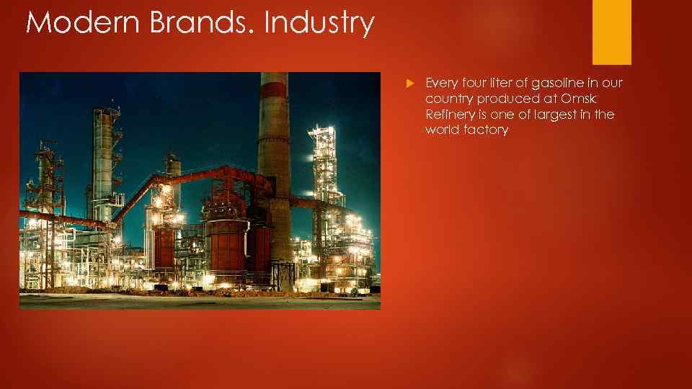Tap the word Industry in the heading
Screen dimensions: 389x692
[x=319, y=22]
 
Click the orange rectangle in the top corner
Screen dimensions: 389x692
[x=611, y=32]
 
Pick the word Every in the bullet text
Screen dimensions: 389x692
[x=441, y=84]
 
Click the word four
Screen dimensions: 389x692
[x=474, y=84]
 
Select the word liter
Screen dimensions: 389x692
[x=505, y=84]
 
